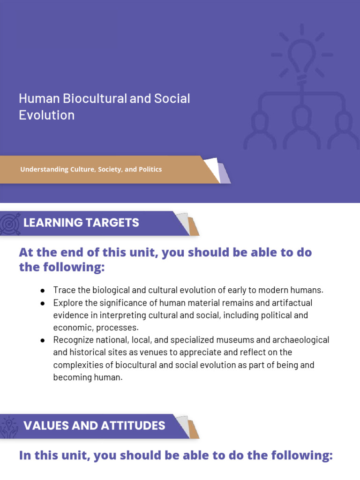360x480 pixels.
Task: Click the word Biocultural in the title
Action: click(x=89, y=99)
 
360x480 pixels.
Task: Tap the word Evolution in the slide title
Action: click(x=46, y=115)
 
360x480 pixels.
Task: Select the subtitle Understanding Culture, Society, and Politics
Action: click(x=91, y=169)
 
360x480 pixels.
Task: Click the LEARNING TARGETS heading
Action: click(x=81, y=223)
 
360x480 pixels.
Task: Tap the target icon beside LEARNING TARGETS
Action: click(x=10, y=223)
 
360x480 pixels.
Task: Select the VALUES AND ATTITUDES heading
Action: click(x=94, y=426)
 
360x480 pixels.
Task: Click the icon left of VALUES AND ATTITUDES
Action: click(x=10, y=426)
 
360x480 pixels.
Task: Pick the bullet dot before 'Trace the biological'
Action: click(x=43, y=290)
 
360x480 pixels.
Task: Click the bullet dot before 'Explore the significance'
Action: click(x=43, y=303)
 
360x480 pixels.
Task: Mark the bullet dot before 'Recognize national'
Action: click(x=43, y=340)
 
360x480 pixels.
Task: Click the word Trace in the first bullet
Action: click(x=63, y=290)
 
